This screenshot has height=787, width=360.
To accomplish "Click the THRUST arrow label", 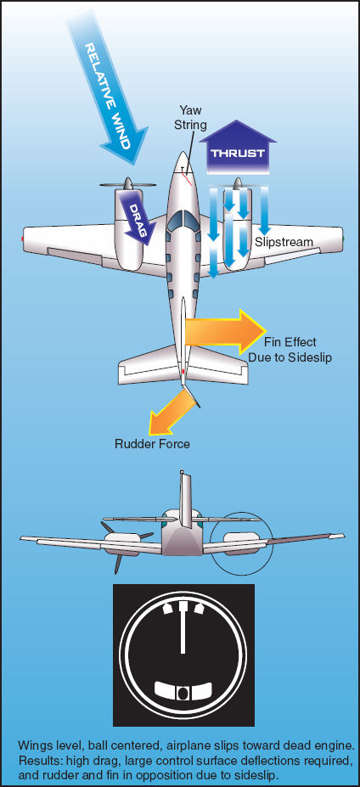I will (238, 154).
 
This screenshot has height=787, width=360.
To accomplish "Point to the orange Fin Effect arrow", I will (225, 332).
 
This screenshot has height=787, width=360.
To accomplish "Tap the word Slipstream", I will (284, 242).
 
